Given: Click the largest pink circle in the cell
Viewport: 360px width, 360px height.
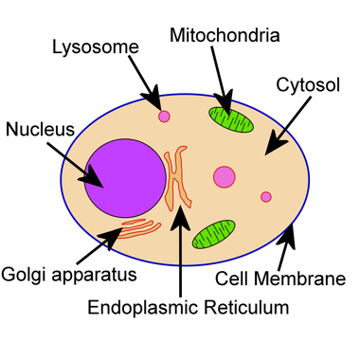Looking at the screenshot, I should tap(224, 178).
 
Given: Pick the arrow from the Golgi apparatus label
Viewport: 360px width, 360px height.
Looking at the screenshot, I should tap(109, 240).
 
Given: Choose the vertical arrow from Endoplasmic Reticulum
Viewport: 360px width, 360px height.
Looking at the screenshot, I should tap(180, 250).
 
